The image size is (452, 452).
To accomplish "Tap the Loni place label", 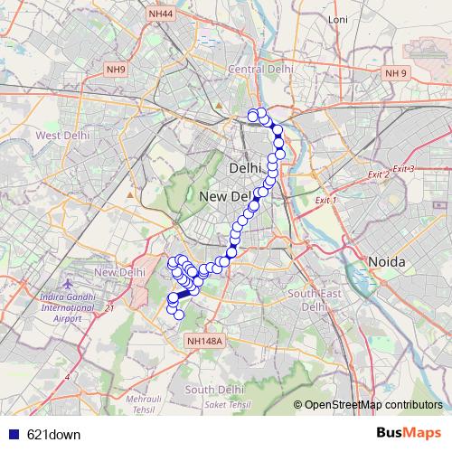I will click(338, 44).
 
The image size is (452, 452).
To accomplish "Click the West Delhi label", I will click(61, 136).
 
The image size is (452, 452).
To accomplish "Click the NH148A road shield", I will click(202, 340).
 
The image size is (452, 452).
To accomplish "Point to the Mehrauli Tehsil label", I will click(140, 403).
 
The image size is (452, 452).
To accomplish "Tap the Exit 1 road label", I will click(325, 200).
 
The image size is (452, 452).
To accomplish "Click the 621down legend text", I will click(53, 434).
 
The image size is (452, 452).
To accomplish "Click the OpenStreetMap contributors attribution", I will click(372, 404).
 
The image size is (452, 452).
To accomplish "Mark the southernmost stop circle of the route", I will click(179, 315).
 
